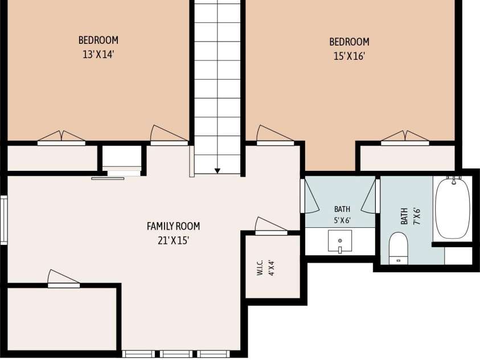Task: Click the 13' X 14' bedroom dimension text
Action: [x=99, y=55]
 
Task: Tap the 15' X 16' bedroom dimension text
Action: [x=349, y=56]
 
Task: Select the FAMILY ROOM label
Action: [x=173, y=226]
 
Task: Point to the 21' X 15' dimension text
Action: [x=173, y=240]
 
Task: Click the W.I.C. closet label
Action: [x=260, y=268]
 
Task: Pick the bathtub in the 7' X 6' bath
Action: [x=453, y=208]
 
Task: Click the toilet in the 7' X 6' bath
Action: [x=399, y=248]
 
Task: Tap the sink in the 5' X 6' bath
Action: [x=340, y=242]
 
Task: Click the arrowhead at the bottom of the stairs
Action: [x=218, y=171]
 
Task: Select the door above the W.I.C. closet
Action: [x=271, y=227]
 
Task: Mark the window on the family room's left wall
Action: [x=3, y=220]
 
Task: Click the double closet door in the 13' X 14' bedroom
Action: [x=61, y=138]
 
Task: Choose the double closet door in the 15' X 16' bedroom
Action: [x=405, y=138]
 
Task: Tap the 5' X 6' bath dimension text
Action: [x=342, y=220]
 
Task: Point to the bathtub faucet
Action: [x=454, y=180]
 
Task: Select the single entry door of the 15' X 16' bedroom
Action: [x=275, y=136]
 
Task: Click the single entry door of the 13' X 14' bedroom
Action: [x=169, y=136]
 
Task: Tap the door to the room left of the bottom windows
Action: [x=64, y=279]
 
